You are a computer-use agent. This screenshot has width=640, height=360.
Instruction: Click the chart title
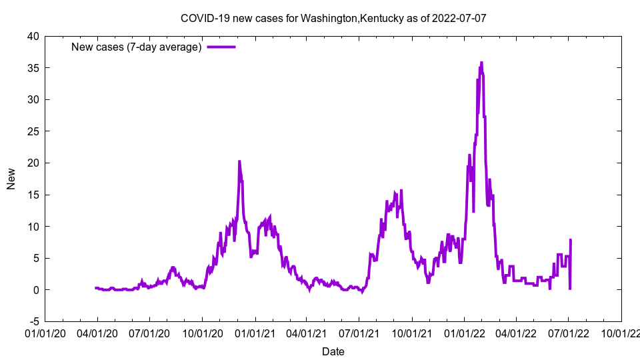pyautogui.click(x=333, y=17)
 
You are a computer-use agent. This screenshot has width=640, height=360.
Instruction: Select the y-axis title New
pyautogui.click(x=11, y=179)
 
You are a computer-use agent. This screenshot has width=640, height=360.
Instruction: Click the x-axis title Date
pyautogui.click(x=333, y=351)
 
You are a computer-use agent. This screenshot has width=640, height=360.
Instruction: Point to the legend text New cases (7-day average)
pyautogui.click(x=136, y=47)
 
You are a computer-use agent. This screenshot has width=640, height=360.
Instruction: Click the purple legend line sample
pyautogui.click(x=221, y=47)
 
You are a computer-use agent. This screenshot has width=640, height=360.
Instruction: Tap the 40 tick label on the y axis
pyautogui.click(x=33, y=36)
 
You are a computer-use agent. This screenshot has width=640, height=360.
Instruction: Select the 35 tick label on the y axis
pyautogui.click(x=33, y=68)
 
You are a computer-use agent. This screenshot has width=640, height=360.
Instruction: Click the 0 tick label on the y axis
pyautogui.click(x=36, y=290)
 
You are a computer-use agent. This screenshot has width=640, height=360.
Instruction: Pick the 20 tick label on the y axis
pyautogui.click(x=33, y=163)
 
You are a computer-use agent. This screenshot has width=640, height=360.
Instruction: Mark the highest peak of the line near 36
pyautogui.click(x=481, y=63)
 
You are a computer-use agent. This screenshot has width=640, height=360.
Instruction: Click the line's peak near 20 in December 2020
pyautogui.click(x=239, y=161)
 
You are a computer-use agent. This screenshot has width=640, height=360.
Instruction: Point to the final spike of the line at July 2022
pyautogui.click(x=571, y=240)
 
